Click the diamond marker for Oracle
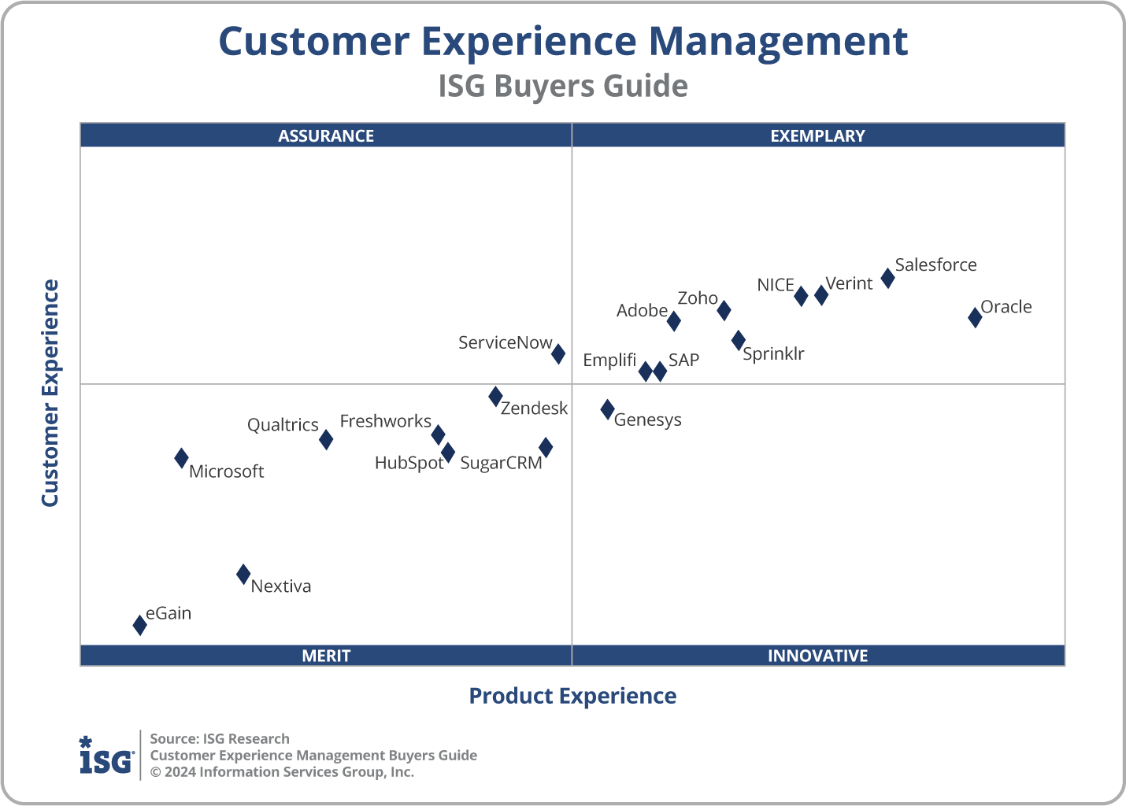pos(975,317)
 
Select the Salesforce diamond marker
pos(887,278)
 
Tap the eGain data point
pos(139,625)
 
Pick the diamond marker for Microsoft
pos(181,458)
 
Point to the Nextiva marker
pos(243,575)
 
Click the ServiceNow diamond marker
pos(557,353)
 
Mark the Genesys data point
pos(607,409)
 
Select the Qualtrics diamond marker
pos(326,439)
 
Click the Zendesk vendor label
pos(534,409)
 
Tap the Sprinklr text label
pos(773,354)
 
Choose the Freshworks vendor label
pos(385,421)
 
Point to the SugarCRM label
pos(501,463)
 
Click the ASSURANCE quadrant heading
pos(326,135)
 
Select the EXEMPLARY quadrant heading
pos(817,135)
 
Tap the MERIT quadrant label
pos(326,656)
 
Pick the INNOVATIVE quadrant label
pos(817,656)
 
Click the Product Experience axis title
pos(572,696)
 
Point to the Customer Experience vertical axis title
pos(50,393)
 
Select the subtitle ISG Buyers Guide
pos(563,86)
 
